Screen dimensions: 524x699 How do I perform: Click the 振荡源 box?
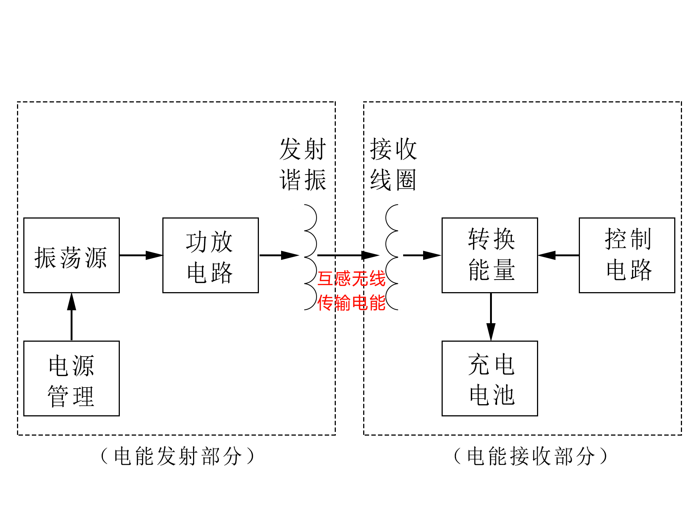point(71,255)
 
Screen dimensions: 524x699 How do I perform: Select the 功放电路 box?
point(210,255)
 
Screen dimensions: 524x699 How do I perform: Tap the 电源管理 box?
point(71,378)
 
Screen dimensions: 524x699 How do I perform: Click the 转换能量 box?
point(490,255)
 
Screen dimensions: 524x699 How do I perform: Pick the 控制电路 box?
point(627,255)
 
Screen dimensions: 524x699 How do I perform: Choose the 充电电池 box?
point(490,378)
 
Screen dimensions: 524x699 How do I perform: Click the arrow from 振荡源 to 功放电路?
point(141,255)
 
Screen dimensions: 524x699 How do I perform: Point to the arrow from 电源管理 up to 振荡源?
point(71,317)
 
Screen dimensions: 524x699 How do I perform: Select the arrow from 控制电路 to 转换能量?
point(558,255)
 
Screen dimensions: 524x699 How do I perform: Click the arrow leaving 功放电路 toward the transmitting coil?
point(279,255)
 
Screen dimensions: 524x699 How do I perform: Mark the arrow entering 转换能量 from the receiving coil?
point(422,255)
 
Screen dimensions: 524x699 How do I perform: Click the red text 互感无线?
point(351,279)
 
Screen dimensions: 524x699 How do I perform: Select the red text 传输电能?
point(351,303)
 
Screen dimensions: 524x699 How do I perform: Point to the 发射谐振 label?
point(303,165)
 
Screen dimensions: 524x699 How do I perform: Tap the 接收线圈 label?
point(394,165)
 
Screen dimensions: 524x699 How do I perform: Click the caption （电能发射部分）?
point(178,456)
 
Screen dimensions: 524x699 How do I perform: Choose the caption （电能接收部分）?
point(531,456)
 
